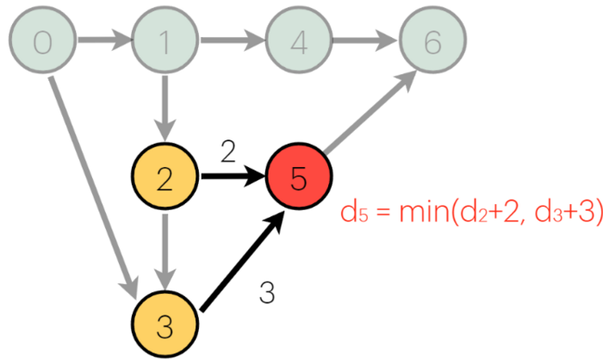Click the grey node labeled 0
tap(40, 40)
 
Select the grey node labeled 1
tap(166, 40)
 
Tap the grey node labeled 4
tap(298, 40)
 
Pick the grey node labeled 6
tap(431, 40)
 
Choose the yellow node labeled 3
tap(166, 327)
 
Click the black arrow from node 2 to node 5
tap(231, 179)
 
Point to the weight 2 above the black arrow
tap(228, 152)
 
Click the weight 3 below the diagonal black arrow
tap(267, 294)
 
